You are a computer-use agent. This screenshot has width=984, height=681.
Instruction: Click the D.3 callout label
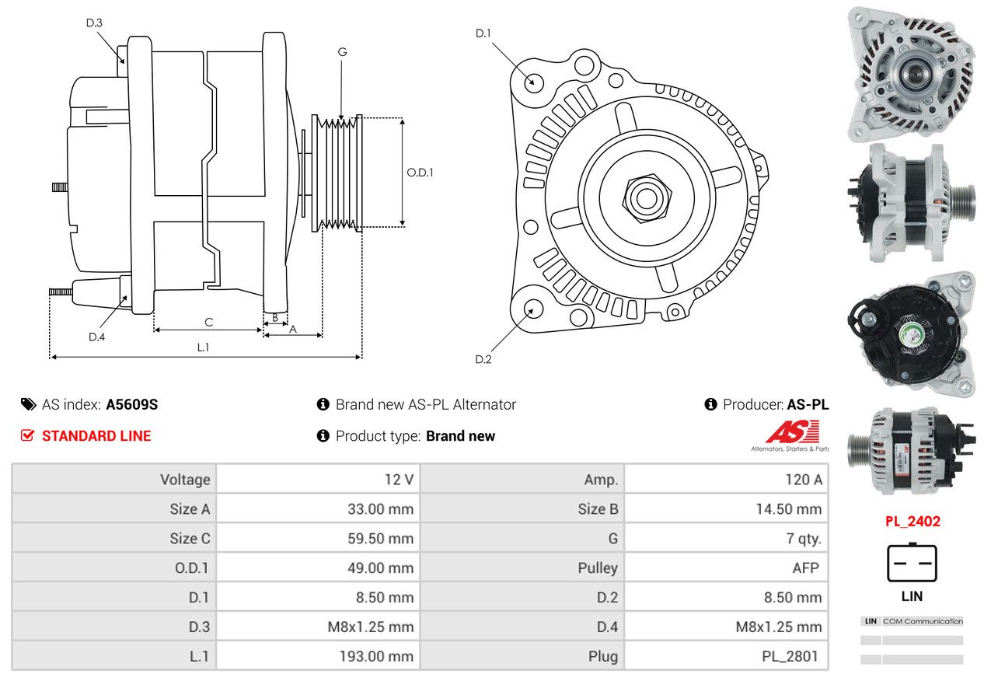[94, 23]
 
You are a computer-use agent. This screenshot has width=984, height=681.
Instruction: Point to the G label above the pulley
[342, 52]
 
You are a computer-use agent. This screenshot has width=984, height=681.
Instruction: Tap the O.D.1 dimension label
[420, 173]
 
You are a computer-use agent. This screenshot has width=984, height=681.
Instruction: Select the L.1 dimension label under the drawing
[203, 347]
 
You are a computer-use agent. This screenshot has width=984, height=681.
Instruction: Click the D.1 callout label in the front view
[483, 33]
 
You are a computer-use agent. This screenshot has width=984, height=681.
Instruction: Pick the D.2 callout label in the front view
[483, 359]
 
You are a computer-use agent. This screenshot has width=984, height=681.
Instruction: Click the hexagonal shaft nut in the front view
[647, 198]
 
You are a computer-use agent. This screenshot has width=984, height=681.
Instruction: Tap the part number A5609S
[132, 405]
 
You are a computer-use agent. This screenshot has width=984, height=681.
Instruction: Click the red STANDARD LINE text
[96, 436]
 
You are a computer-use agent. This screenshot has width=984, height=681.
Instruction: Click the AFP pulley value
[806, 567]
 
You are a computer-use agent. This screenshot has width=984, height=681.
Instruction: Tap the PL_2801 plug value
[790, 656]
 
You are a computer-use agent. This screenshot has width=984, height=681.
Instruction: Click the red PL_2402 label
[912, 522]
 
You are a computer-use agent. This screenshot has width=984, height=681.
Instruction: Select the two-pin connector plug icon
[912, 563]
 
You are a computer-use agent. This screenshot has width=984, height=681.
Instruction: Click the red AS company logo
[792, 432]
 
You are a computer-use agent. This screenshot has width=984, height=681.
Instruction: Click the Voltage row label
[185, 480]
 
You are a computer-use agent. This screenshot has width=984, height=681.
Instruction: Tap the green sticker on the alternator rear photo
[912, 335]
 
